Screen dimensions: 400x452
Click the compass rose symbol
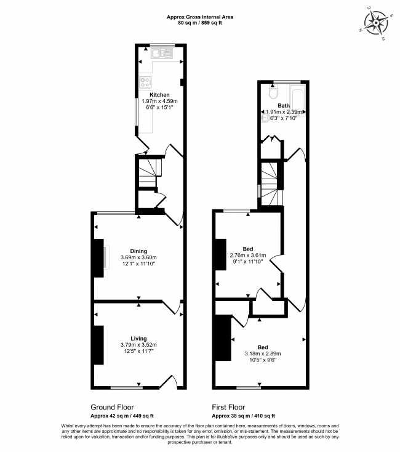[376, 23]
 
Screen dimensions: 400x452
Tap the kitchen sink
[162, 54]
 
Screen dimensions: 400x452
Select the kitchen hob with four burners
[145, 82]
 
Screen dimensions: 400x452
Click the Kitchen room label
[159, 95]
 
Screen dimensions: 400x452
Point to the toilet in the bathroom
[273, 92]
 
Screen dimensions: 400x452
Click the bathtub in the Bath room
[297, 100]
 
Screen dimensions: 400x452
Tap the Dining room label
[138, 251]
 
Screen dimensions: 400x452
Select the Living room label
[138, 339]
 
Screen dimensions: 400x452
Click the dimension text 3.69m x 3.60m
[138, 257]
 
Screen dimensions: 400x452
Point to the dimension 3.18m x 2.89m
[263, 353]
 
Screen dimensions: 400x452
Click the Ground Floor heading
[112, 407]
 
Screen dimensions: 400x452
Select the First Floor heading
[228, 407]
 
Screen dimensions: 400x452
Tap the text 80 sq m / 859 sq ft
[200, 23]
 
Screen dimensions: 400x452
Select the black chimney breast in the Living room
[99, 345]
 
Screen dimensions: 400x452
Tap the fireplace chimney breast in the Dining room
[99, 258]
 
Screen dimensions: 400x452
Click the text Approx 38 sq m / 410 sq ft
[243, 416]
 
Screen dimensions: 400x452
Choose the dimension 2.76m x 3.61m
[248, 255]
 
